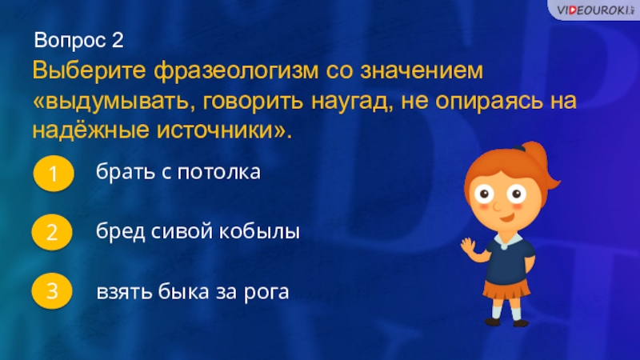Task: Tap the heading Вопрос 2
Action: click(79, 40)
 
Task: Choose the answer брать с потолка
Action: click(178, 171)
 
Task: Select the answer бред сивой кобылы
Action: click(198, 232)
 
